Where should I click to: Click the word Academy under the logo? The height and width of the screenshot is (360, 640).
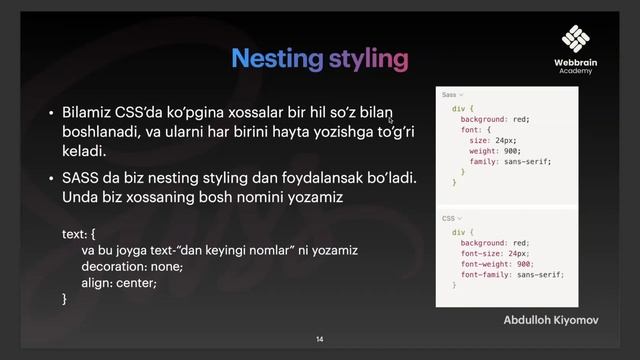pyautogui.click(x=575, y=72)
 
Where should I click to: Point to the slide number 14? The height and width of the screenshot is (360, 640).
pyautogui.click(x=320, y=340)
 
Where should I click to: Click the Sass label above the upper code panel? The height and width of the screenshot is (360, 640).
pyautogui.click(x=449, y=95)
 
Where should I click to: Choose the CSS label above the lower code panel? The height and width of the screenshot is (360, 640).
pyautogui.click(x=448, y=217)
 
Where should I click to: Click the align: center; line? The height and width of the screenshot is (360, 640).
pyautogui.click(x=119, y=282)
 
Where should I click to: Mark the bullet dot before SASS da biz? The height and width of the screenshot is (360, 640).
pyautogui.click(x=51, y=179)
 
